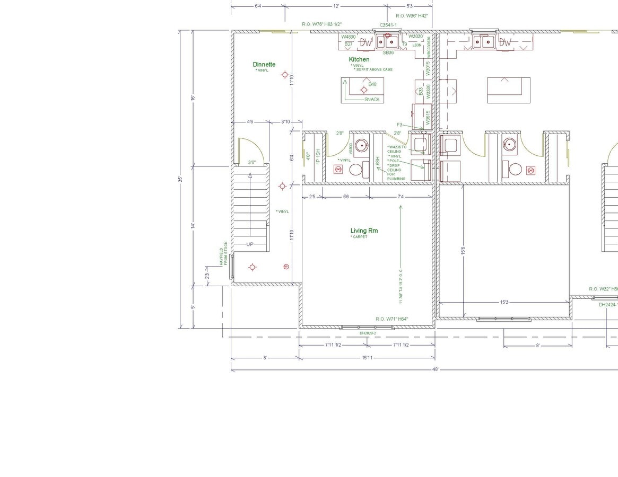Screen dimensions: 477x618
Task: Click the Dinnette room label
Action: pyautogui.click(x=264, y=65)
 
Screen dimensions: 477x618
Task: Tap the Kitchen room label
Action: pyautogui.click(x=359, y=59)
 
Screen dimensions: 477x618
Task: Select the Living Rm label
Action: pyautogui.click(x=364, y=231)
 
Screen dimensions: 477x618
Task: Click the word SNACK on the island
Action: pyautogui.click(x=372, y=100)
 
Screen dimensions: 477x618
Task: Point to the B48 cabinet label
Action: pyautogui.click(x=372, y=84)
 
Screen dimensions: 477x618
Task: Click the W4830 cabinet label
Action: pyautogui.click(x=349, y=37)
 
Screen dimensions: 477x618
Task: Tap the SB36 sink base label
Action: pyautogui.click(x=388, y=52)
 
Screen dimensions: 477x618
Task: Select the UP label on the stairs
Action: pyautogui.click(x=250, y=244)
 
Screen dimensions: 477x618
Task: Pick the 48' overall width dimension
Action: pyautogui.click(x=436, y=369)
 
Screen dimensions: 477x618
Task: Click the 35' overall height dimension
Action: pyautogui.click(x=180, y=180)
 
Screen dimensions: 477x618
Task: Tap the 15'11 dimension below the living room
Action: pyautogui.click(x=367, y=358)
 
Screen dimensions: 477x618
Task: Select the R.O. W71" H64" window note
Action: pyautogui.click(x=392, y=319)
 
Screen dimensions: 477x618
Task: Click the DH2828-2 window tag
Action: pyautogui.click(x=368, y=333)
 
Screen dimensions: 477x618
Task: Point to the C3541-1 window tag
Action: pyautogui.click(x=388, y=25)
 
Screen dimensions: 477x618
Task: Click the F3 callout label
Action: pyautogui.click(x=399, y=125)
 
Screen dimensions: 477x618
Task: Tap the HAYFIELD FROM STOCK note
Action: pyautogui.click(x=223, y=253)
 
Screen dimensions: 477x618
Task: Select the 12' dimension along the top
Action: pyautogui.click(x=336, y=6)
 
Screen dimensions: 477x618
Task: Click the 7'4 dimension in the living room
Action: pyautogui.click(x=401, y=197)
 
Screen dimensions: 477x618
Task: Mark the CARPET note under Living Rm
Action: pyautogui.click(x=359, y=237)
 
